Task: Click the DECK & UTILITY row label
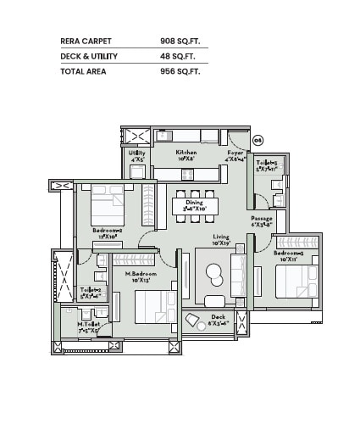pos(90,57)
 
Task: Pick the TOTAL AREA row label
pos(82,73)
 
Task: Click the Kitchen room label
pos(186,153)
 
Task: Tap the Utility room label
pos(136,153)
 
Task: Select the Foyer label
pos(235,153)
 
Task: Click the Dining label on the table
pos(195,202)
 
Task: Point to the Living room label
pos(221,237)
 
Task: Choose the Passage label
pos(261,219)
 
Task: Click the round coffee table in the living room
pos(214,274)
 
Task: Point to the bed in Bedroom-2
pos(108,204)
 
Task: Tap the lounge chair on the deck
pos(195,321)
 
